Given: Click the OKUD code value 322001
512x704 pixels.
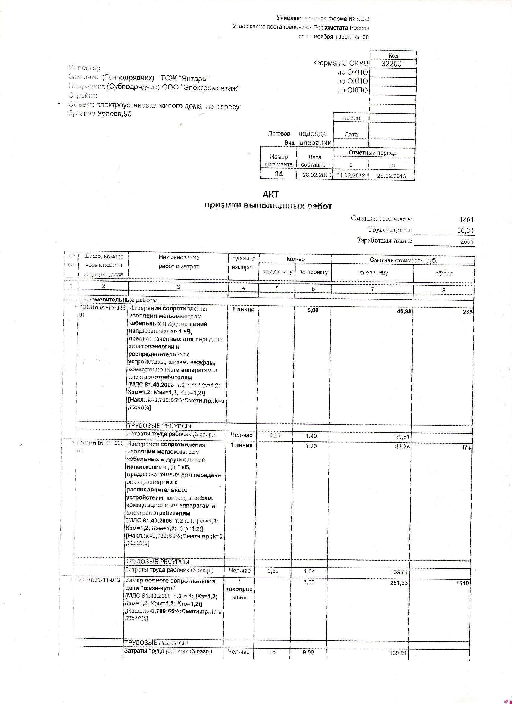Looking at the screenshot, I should pyautogui.click(x=393, y=64).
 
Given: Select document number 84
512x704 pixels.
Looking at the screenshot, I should pyautogui.click(x=279, y=174).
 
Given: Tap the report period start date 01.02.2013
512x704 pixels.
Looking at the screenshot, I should pyautogui.click(x=350, y=175).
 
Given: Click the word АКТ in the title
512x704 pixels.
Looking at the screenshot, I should pyautogui.click(x=271, y=194).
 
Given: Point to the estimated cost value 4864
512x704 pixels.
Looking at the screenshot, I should pyautogui.click(x=466, y=220).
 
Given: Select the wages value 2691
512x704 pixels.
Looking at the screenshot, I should pyautogui.click(x=467, y=241).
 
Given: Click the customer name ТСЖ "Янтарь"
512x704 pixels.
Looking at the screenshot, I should pyautogui.click(x=184, y=78).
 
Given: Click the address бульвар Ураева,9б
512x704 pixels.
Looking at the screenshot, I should pyautogui.click(x=100, y=114).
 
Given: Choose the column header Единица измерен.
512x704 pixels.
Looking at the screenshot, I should pyautogui.click(x=244, y=263).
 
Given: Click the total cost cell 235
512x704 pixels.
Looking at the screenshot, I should pyautogui.click(x=467, y=312).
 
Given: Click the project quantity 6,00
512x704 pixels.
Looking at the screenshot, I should pyautogui.click(x=309, y=582).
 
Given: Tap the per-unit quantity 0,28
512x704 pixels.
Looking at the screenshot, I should pyautogui.click(x=275, y=435).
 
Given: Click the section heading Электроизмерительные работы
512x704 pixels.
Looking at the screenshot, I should pyautogui.click(x=112, y=300).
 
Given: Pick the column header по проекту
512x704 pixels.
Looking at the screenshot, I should pyautogui.click(x=313, y=272).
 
